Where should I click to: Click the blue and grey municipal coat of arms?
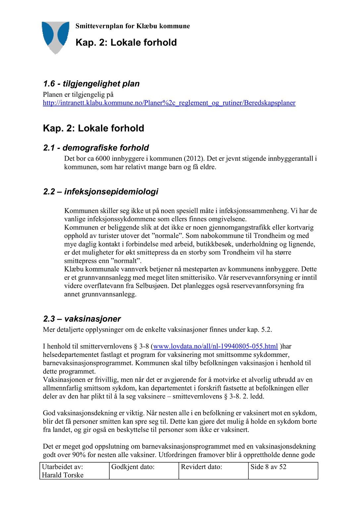55,37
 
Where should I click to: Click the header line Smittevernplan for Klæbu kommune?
132,26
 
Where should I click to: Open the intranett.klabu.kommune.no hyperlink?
169,103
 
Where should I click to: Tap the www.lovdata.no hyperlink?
215,346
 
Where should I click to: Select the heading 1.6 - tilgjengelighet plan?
91,84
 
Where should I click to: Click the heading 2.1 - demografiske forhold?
96,148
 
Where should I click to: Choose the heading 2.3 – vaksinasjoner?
82,319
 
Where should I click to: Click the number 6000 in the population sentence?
103,159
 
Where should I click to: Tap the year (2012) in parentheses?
194,159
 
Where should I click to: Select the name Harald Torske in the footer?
63,475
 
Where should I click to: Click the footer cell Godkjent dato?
133,467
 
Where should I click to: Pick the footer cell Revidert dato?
201,467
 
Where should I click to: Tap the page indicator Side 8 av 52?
268,467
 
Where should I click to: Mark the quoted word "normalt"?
126,261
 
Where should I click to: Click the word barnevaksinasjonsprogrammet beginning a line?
87,363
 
